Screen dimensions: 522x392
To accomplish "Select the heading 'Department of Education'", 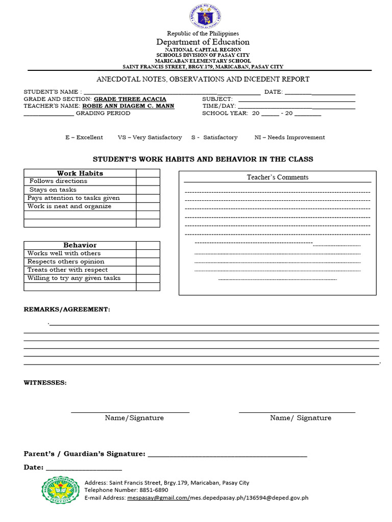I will (203, 42).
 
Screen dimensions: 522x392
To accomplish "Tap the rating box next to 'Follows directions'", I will (148, 181).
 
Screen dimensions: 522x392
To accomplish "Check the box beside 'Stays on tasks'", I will (148, 190).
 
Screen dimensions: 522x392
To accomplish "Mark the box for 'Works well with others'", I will (148, 253).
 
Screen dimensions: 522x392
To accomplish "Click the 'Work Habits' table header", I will (80, 173).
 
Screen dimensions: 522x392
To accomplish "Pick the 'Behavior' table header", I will (80, 245).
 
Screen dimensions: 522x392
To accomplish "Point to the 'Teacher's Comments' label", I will (278, 177).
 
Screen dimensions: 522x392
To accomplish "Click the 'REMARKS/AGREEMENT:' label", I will (67, 309).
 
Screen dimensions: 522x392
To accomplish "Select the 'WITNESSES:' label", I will (45, 382).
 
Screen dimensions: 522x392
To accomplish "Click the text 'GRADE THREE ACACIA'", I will (130, 99).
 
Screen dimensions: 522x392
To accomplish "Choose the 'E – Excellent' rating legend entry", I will (84, 137).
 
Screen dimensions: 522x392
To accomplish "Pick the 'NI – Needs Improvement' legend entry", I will (289, 137).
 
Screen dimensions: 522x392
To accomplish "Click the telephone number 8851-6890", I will (148, 490).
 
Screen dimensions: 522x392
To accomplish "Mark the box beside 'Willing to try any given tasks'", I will (148, 278).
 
